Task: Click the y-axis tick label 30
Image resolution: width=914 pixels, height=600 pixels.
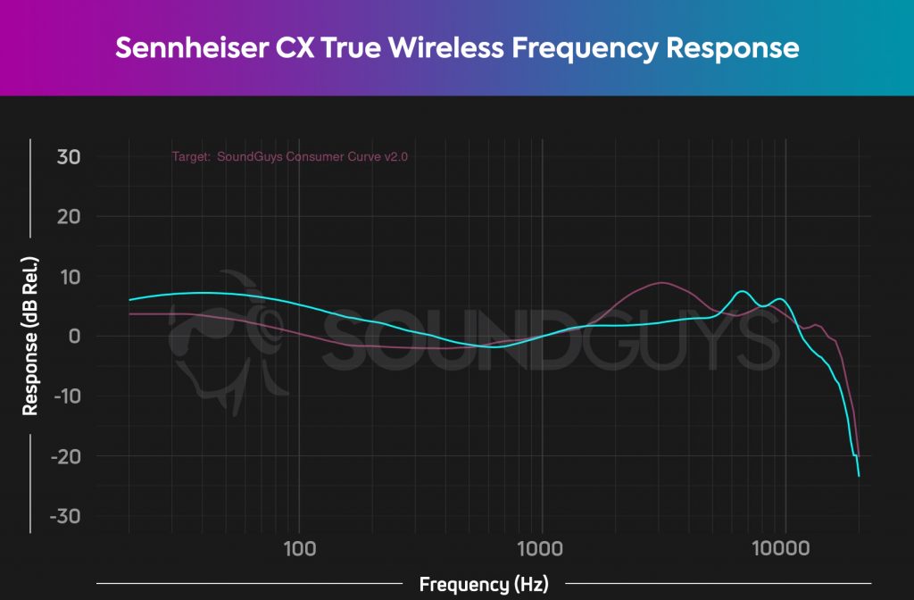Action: click(69, 157)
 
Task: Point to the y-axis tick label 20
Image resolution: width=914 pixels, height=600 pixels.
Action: click(69, 217)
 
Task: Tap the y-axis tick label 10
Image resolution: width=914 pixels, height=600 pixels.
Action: click(70, 277)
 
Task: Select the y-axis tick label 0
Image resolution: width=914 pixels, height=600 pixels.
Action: click(76, 337)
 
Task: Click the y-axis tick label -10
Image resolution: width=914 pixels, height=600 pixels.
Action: click(65, 396)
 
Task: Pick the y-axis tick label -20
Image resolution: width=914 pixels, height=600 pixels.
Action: click(65, 456)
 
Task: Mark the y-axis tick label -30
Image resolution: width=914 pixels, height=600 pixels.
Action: click(65, 517)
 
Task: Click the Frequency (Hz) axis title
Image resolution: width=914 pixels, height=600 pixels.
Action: click(483, 585)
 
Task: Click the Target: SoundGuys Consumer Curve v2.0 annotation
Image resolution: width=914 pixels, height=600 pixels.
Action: click(295, 157)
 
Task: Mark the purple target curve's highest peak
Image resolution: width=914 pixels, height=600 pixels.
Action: click(661, 283)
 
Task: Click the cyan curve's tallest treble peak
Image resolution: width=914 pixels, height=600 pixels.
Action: click(741, 292)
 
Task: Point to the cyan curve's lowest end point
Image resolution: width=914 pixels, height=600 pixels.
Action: click(859, 476)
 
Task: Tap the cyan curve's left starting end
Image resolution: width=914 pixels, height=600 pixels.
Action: click(129, 300)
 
